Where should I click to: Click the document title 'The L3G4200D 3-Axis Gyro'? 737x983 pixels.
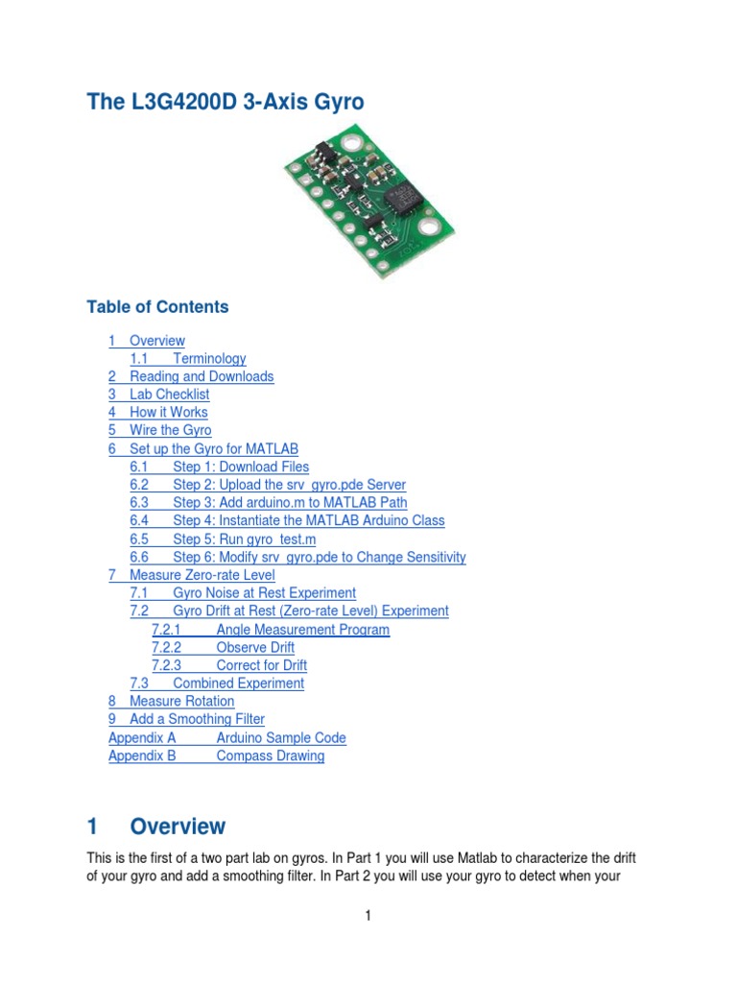click(x=226, y=101)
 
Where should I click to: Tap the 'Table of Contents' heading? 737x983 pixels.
click(x=157, y=307)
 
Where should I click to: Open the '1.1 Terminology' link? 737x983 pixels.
click(x=209, y=358)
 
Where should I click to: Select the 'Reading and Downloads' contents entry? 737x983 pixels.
click(x=202, y=376)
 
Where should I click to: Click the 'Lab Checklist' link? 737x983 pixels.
click(x=169, y=395)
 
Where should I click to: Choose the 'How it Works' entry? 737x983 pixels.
click(x=168, y=413)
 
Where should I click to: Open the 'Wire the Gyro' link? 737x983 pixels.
click(x=170, y=430)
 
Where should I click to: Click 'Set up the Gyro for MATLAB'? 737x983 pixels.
click(x=214, y=448)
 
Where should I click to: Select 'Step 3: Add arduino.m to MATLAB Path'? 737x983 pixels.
click(x=290, y=502)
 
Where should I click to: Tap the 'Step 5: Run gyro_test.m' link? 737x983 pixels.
click(x=244, y=539)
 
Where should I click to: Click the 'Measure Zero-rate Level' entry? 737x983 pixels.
click(x=202, y=575)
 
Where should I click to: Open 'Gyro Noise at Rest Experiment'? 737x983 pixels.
click(x=264, y=593)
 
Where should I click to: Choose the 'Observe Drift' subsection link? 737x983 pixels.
click(x=255, y=647)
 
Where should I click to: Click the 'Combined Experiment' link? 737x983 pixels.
click(x=238, y=683)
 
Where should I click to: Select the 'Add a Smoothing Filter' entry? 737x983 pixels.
click(x=197, y=719)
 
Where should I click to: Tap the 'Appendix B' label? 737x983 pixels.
click(x=142, y=755)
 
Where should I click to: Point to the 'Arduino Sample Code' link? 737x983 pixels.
click(x=281, y=737)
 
